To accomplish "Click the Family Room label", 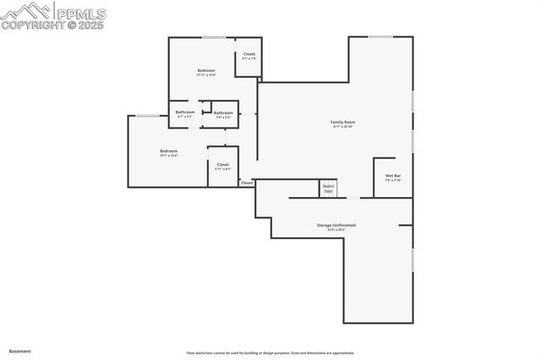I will [x=342, y=122].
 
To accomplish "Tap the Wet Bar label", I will [x=393, y=176].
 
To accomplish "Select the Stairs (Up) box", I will [x=328, y=188].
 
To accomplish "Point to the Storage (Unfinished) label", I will [x=336, y=225].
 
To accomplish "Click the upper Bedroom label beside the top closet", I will [x=206, y=70].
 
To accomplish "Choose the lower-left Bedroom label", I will [x=169, y=151].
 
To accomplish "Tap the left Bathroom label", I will [x=185, y=112].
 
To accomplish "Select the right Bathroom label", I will [x=223, y=113].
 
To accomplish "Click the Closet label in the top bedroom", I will [x=249, y=54].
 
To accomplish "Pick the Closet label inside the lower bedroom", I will [x=223, y=165].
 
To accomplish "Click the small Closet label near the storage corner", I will [x=247, y=183].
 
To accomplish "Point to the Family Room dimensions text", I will [x=342, y=127].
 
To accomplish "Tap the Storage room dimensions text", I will [x=336, y=230].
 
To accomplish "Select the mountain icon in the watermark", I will [x=25, y=11].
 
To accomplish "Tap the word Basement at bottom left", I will [x=20, y=350].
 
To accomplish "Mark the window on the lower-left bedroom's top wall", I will [x=147, y=116].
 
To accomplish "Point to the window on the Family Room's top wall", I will [x=380, y=36].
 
